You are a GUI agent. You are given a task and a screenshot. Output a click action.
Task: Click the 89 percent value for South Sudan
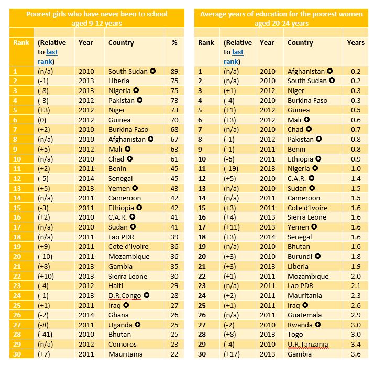point(174,71)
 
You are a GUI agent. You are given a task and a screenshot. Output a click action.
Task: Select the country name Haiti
point(117,286)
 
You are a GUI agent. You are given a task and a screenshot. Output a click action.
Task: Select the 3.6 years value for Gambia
point(356,354)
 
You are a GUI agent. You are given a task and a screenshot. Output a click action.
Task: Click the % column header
point(174,43)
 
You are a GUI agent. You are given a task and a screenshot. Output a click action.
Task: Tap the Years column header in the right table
point(356,43)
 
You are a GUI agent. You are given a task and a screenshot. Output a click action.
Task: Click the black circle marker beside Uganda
point(136,325)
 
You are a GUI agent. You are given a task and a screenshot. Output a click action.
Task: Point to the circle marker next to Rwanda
point(318,325)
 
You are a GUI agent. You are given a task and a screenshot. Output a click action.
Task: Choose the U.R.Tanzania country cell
point(308,345)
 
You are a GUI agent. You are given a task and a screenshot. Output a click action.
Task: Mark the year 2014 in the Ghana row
point(86,315)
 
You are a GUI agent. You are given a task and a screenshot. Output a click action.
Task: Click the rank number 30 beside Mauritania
point(16,354)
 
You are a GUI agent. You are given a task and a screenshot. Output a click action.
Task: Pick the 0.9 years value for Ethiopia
point(356,159)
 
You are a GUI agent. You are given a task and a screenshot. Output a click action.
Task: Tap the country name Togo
point(296,335)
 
